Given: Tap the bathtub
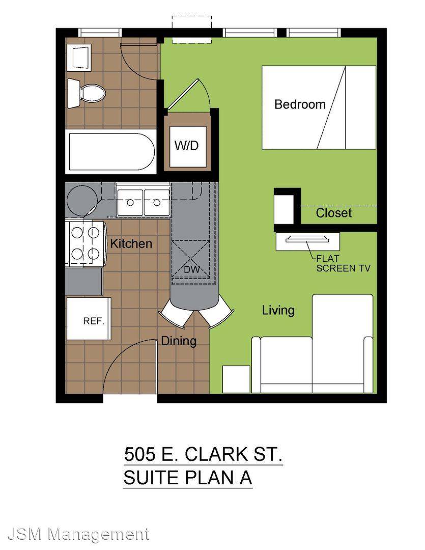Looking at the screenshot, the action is tap(111, 152).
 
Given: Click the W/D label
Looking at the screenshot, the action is tap(187, 145).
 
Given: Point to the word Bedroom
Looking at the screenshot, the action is tap(300, 104).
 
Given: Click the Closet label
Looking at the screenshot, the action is tap(333, 213).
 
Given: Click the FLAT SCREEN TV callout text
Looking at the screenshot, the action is tap(343, 263).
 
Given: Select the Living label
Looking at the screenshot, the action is tap(278, 311).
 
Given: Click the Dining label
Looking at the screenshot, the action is tap(179, 341).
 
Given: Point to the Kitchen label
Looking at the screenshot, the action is tap(131, 243).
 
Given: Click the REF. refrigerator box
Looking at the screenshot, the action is tap(89, 319).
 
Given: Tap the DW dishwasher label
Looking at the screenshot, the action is tap(192, 269).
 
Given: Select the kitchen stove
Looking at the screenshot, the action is tap(86, 244).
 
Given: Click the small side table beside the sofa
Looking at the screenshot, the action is tap(236, 379).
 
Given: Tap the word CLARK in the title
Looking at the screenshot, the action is tap(216, 454).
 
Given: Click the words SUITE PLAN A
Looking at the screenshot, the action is tap(188, 478).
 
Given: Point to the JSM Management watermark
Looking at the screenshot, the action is tap(78, 534).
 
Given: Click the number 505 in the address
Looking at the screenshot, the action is tap(139, 454).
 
